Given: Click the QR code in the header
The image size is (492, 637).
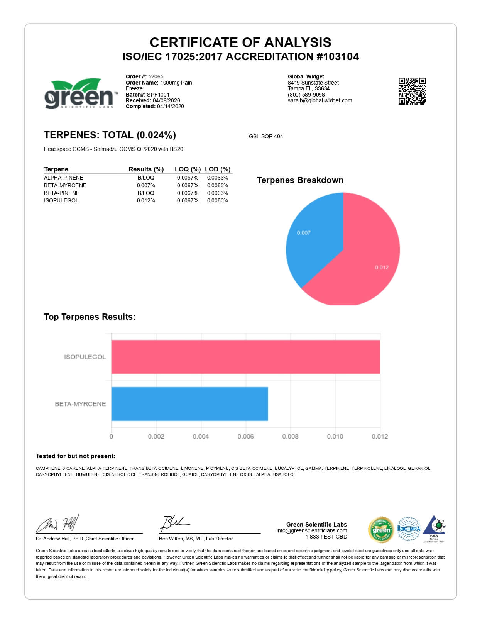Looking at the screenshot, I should tap(412, 91).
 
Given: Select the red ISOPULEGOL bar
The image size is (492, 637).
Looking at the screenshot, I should tap(245, 357).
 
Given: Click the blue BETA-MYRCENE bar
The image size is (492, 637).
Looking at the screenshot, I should tap(189, 404).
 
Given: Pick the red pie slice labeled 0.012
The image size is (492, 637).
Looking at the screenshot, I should tap(367, 255).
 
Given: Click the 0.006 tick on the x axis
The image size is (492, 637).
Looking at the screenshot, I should tap(245, 436).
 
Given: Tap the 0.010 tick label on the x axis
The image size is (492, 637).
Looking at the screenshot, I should tap(335, 436).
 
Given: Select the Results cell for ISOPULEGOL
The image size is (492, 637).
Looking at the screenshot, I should tap(146, 200).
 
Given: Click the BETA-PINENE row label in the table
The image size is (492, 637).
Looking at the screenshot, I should tap(62, 193).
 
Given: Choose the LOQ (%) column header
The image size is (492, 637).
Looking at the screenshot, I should tap(188, 169).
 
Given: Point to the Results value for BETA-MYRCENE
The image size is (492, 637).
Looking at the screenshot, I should tap(146, 185).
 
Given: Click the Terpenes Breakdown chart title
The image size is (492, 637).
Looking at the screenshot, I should tap(300, 180).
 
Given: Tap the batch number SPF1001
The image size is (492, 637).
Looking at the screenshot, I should tap(158, 95).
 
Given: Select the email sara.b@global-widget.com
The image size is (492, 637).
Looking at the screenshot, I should tap(320, 100).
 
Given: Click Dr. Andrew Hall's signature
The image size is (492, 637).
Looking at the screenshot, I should tap(58, 524).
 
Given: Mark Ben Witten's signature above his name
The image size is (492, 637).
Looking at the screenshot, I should tap(174, 523).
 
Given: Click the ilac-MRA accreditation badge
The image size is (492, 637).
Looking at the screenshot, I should tap(408, 529).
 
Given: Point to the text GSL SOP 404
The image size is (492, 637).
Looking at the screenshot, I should tap(266, 136).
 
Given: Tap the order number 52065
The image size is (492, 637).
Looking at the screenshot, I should tap(156, 76).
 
